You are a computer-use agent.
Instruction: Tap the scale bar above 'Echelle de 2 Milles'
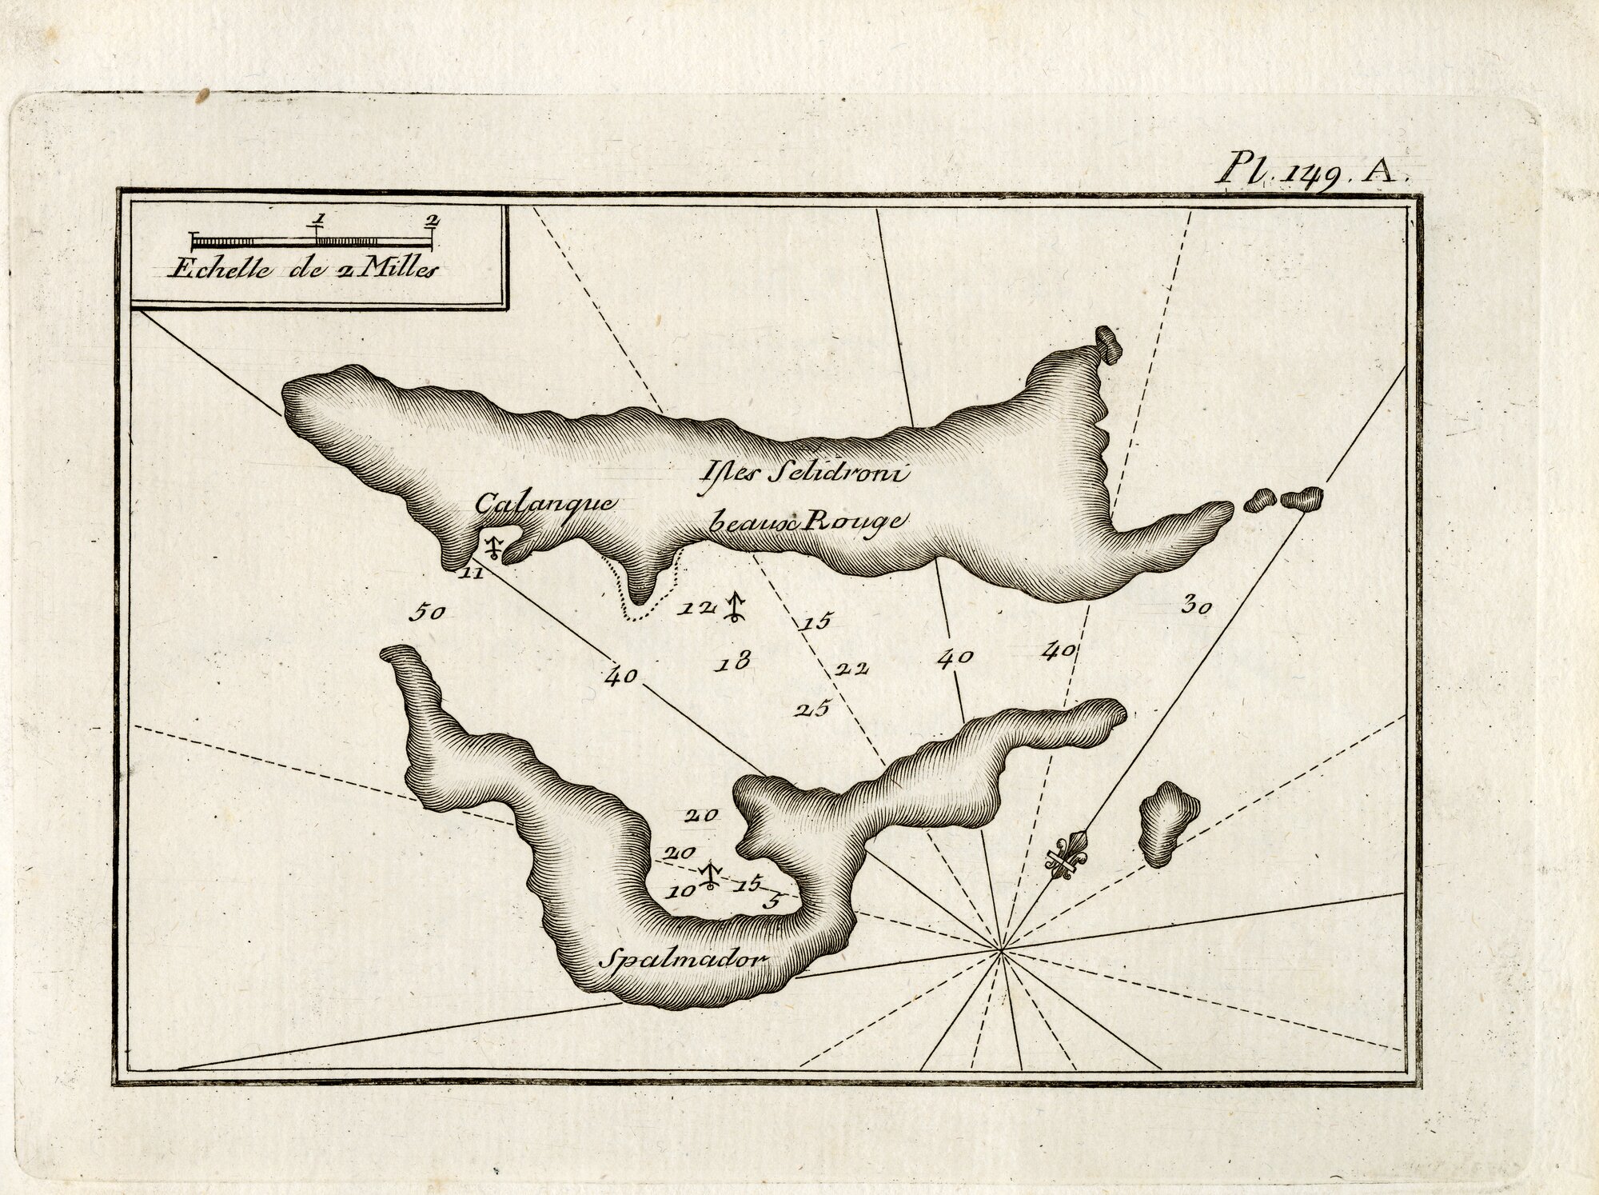click(x=313, y=240)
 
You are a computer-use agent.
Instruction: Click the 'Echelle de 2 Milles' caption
click(x=304, y=270)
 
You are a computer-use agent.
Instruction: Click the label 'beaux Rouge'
click(x=807, y=522)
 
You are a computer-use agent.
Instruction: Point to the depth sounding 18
click(x=733, y=661)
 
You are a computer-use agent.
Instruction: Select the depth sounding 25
click(x=814, y=708)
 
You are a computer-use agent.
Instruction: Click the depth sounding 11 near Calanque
click(x=472, y=573)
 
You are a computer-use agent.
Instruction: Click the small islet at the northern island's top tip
click(x=1109, y=344)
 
